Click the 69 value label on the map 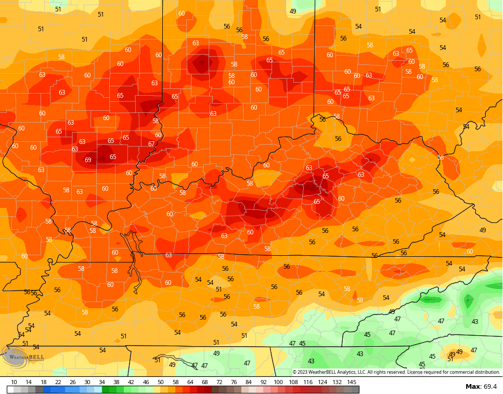88,160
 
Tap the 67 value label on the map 151,144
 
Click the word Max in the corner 472,386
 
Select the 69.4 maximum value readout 490,386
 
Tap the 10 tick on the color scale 14,382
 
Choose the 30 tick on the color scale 87,382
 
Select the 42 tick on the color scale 131,382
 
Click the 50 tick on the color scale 160,382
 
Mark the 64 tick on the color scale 190,382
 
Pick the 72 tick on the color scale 219,382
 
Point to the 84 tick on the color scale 249,382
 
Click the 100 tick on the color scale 278,382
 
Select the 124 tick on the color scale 323,382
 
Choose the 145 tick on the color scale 352,382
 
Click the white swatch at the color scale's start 10,389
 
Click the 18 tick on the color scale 43,382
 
